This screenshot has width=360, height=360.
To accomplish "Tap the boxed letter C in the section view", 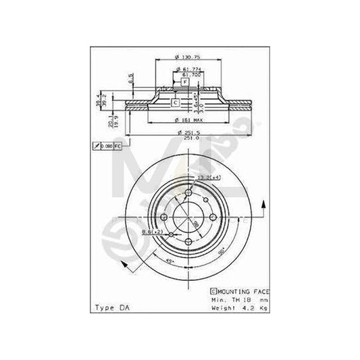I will pyautogui.click(x=175, y=103).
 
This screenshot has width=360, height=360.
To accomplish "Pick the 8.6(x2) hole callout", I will pyautogui.click(x=151, y=232).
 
